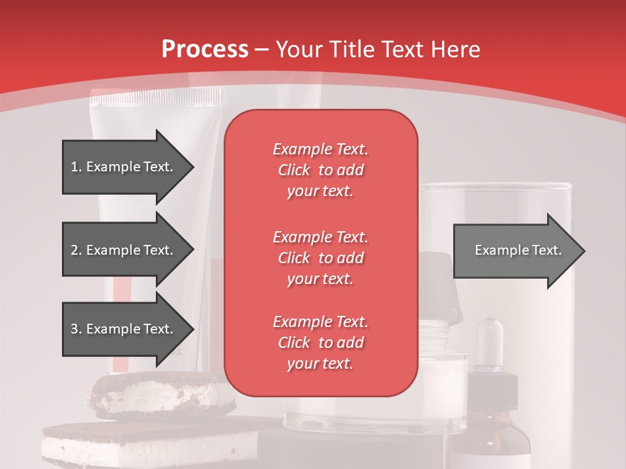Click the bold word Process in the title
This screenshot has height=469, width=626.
pos(205,50)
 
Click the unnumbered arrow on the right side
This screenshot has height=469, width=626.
pos(515,251)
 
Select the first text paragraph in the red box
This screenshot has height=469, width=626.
pos(320,170)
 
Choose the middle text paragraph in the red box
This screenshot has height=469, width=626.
pos(320,258)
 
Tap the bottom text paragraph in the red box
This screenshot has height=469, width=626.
pos(320,343)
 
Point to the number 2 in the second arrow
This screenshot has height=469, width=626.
pos(74,250)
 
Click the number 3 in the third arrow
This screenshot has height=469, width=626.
pos(74,329)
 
